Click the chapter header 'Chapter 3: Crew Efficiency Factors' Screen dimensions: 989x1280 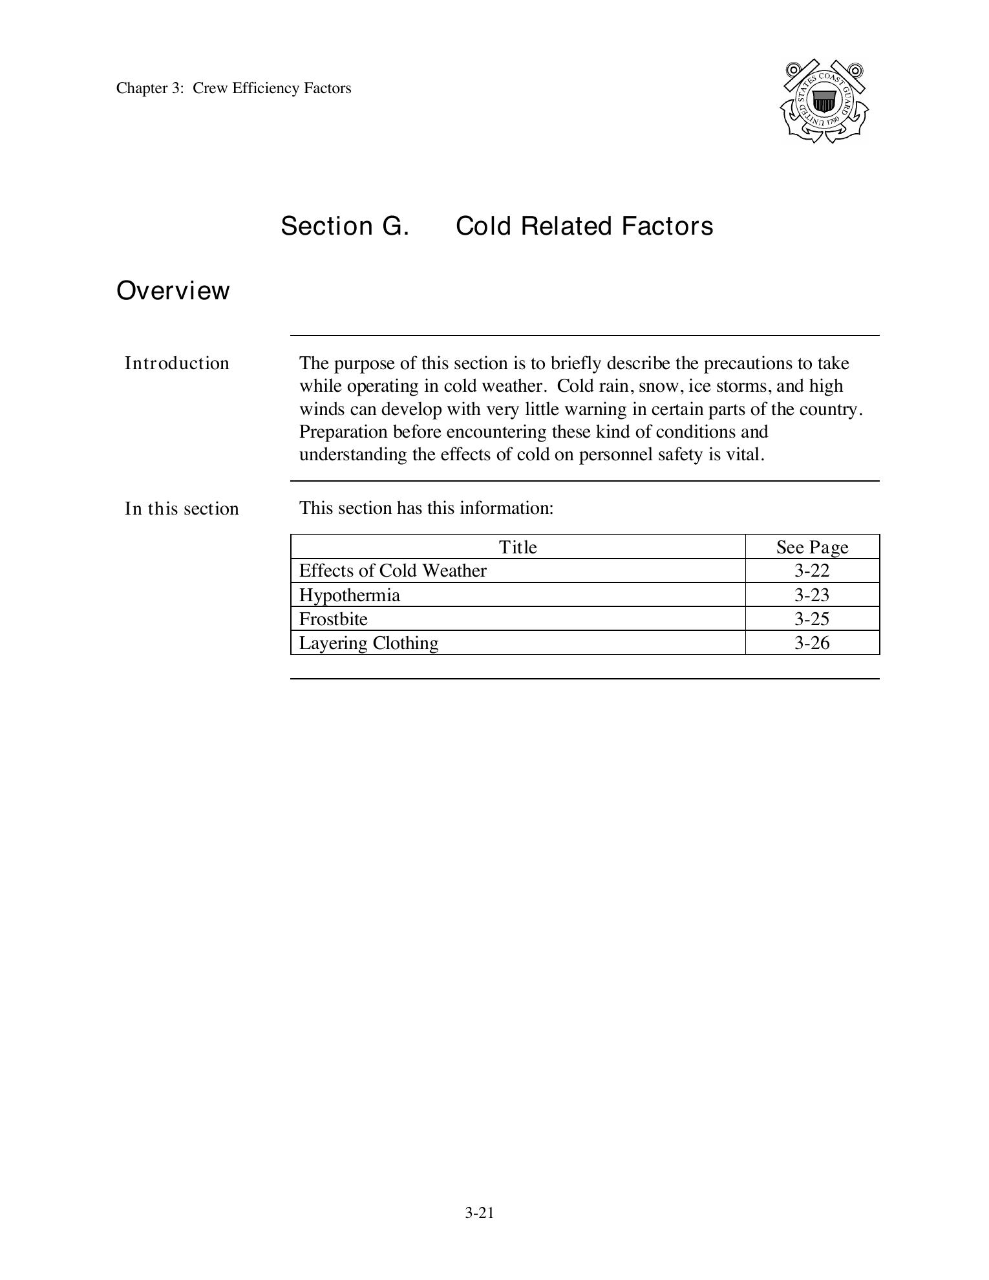click(x=233, y=89)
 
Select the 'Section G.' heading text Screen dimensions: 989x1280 click(x=345, y=226)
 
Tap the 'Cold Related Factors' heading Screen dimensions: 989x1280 click(x=584, y=226)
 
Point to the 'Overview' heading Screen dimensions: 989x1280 click(x=173, y=291)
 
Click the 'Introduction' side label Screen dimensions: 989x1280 click(x=176, y=363)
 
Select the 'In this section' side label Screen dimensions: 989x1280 click(x=182, y=509)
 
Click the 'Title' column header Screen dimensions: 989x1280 click(x=517, y=547)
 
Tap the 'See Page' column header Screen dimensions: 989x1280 click(x=812, y=547)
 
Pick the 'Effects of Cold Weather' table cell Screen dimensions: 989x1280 click(x=392, y=571)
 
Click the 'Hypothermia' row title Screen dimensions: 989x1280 click(x=349, y=595)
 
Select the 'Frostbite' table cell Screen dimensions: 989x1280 click(x=333, y=619)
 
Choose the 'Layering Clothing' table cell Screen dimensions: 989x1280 click(x=368, y=643)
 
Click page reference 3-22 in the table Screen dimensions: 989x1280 click(x=812, y=571)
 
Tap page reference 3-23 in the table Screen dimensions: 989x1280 click(x=812, y=595)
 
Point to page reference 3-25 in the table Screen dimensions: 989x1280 click(x=812, y=619)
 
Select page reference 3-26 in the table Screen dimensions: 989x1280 click(x=812, y=643)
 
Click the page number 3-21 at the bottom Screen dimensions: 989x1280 click(x=479, y=1213)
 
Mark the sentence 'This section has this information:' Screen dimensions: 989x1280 click(x=426, y=508)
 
